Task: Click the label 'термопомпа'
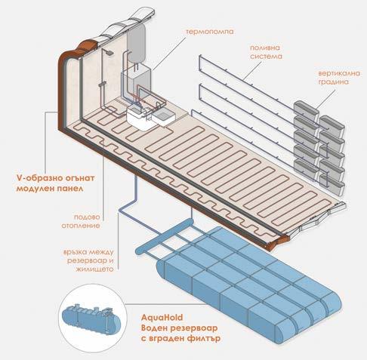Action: click(x=210, y=32)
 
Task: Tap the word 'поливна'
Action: click(x=265, y=48)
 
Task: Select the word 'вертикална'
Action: click(x=339, y=73)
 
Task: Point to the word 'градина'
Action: click(x=333, y=82)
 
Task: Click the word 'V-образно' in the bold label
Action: click(x=36, y=178)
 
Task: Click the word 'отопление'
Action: click(x=81, y=226)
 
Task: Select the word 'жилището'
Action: click(x=94, y=269)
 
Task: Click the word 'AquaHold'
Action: click(x=162, y=318)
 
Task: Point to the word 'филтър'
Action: click(x=204, y=338)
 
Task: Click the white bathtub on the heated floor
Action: click(x=140, y=118)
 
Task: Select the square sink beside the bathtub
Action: click(x=163, y=118)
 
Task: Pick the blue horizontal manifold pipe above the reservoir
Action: click(x=165, y=236)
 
